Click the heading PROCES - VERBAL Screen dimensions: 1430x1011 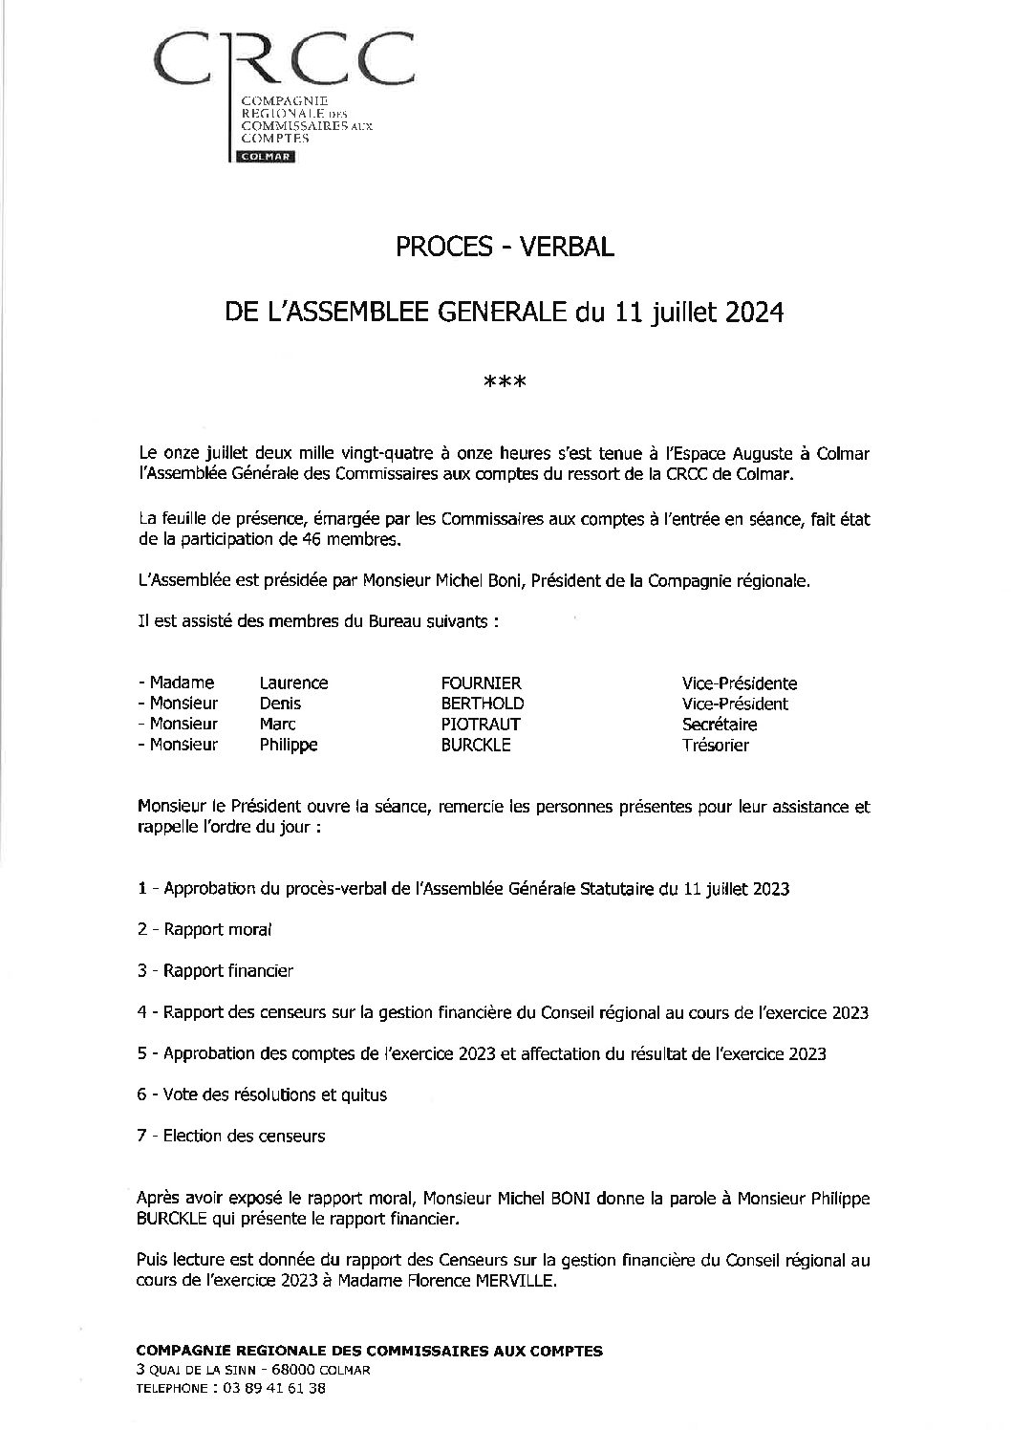(505, 248)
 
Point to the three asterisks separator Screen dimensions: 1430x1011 (505, 384)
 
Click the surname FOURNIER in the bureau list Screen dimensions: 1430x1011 (481, 682)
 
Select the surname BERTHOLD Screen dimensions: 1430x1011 (482, 704)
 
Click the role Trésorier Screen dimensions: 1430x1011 (715, 745)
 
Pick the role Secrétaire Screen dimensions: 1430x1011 (719, 724)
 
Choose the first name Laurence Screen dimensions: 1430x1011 (293, 682)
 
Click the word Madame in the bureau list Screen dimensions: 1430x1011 (182, 682)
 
